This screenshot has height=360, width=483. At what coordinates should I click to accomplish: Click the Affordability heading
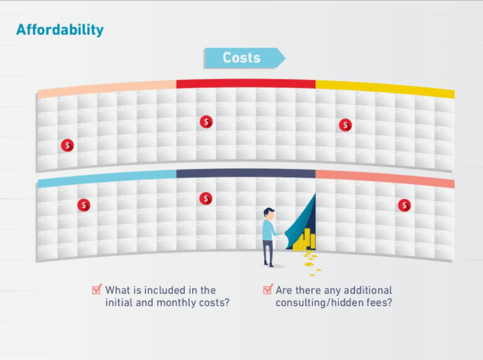tap(60, 30)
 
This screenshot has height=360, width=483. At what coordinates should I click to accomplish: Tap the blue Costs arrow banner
tap(245, 58)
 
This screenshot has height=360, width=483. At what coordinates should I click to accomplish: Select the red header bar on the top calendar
tap(246, 84)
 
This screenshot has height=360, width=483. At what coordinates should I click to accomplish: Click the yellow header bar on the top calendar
tap(385, 89)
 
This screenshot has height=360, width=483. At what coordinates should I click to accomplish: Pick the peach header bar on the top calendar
tap(107, 89)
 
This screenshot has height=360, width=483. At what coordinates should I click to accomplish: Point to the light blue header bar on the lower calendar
tap(107, 178)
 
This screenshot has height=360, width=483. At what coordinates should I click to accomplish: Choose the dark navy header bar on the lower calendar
tap(246, 173)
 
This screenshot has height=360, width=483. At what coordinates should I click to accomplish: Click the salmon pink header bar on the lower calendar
tap(385, 178)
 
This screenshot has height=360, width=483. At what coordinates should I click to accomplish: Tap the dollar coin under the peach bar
tap(67, 145)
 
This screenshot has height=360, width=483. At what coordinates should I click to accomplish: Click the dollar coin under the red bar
tap(206, 122)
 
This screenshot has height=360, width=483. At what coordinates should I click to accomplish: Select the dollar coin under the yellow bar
tap(345, 125)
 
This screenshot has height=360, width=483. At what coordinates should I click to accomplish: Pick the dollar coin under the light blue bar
tap(84, 205)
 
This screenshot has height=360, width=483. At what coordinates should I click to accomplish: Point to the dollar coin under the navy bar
tap(206, 198)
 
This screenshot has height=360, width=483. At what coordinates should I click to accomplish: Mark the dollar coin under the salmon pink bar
tap(404, 205)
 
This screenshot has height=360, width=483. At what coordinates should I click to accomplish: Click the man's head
tap(269, 214)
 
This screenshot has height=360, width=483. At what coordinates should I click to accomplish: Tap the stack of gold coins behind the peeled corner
tap(305, 240)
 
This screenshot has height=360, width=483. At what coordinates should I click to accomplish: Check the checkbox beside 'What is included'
tap(97, 289)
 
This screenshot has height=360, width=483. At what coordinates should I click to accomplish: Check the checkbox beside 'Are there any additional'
tap(268, 289)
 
